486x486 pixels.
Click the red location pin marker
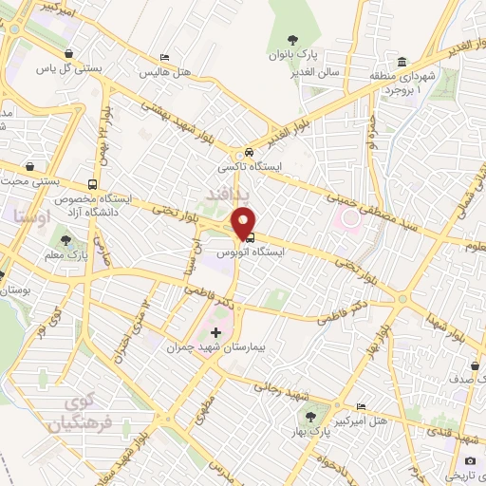[244, 220]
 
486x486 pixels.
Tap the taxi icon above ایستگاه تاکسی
[248, 153]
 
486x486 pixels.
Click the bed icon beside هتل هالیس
[165, 59]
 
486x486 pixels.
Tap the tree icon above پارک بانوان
[293, 40]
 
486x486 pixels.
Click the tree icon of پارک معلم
[65, 240]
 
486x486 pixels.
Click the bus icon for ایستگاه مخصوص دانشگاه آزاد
[92, 184]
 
